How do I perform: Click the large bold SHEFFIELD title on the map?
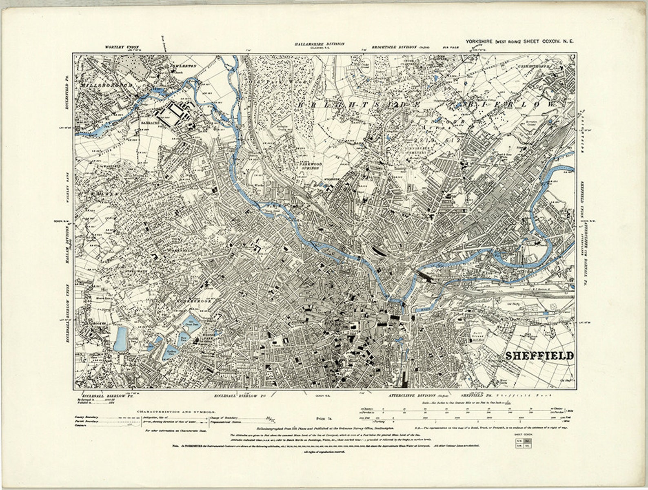tap(539, 355)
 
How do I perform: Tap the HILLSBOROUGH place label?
tap(107, 85)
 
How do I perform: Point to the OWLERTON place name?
tap(183, 66)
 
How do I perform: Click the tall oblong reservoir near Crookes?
tap(120, 338)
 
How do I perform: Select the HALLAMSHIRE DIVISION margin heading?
tap(320, 44)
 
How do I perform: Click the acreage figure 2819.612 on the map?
tap(432, 140)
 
